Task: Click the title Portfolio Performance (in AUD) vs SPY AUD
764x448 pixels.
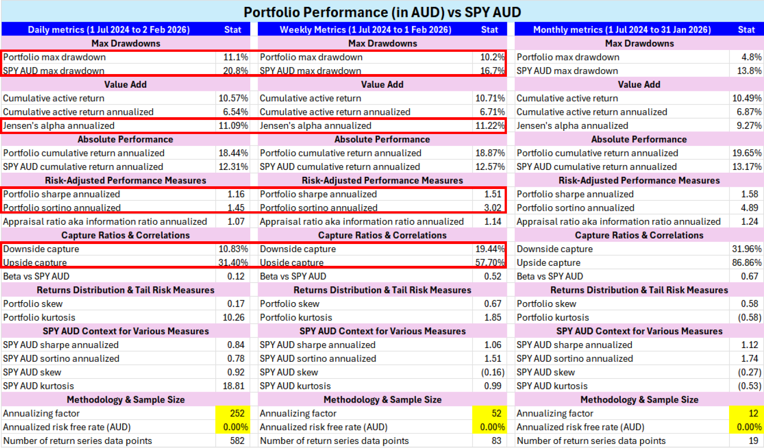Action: (382, 12)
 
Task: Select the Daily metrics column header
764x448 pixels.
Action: (109, 30)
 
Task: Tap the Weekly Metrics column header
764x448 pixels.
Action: (365, 30)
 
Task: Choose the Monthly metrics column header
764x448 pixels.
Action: (621, 30)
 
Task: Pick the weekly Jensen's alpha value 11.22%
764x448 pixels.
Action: (490, 126)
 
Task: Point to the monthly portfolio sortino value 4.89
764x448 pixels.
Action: (749, 208)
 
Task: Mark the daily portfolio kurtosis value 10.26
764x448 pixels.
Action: (233, 318)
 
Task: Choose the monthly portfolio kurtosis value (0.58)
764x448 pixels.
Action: (749, 318)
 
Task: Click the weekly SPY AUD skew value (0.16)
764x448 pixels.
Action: (492, 373)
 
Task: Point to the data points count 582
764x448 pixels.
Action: (237, 441)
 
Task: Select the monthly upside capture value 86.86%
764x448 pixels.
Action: (746, 263)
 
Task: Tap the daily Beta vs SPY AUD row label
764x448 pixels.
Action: (36, 277)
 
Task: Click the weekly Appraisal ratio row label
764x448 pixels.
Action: (362, 222)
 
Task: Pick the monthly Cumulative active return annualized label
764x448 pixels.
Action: (591, 112)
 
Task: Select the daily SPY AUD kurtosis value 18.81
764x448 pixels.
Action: (233, 386)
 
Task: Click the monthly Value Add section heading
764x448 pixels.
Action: (639, 85)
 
